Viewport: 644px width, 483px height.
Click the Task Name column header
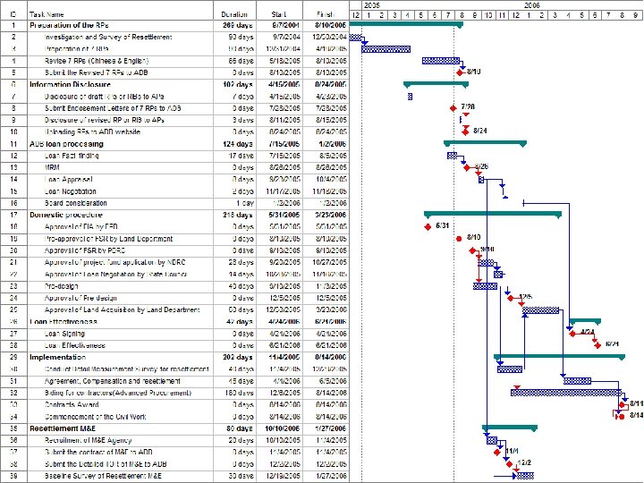pyautogui.click(x=47, y=14)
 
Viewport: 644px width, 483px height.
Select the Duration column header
pyautogui.click(x=235, y=14)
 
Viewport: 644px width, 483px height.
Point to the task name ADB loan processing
pyautogui.click(x=66, y=143)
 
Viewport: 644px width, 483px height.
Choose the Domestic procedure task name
pyautogui.click(x=64, y=215)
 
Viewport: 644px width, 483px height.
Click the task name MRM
pyautogui.click(x=53, y=167)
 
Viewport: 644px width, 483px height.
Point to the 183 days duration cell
pyautogui.click(x=237, y=392)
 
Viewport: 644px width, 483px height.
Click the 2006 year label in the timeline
pyautogui.click(x=531, y=5)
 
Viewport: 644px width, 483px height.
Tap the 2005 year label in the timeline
pyautogui.click(x=371, y=5)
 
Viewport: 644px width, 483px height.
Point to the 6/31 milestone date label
pyautogui.click(x=442, y=226)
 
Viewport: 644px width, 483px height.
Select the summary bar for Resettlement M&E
pyautogui.click(x=509, y=428)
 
